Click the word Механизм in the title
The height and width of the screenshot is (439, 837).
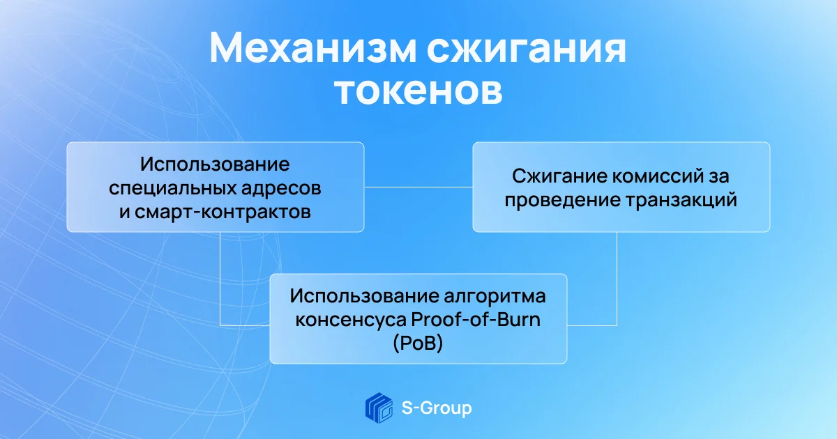(x=312, y=48)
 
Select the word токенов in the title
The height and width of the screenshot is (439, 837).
(x=418, y=91)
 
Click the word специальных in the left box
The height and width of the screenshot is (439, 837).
(x=172, y=189)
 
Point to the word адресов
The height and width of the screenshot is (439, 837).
(x=281, y=189)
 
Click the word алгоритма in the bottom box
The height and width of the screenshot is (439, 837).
(x=495, y=296)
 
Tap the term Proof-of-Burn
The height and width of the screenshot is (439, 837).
(x=476, y=319)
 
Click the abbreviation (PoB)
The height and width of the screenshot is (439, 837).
(x=418, y=343)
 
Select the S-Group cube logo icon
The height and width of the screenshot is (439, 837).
(x=379, y=408)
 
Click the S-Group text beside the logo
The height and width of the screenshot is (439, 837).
(x=437, y=408)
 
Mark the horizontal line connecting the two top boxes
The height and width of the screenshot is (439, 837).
(x=418, y=187)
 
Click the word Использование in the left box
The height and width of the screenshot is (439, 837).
(x=215, y=164)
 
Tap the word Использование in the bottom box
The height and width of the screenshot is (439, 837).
(x=364, y=296)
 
